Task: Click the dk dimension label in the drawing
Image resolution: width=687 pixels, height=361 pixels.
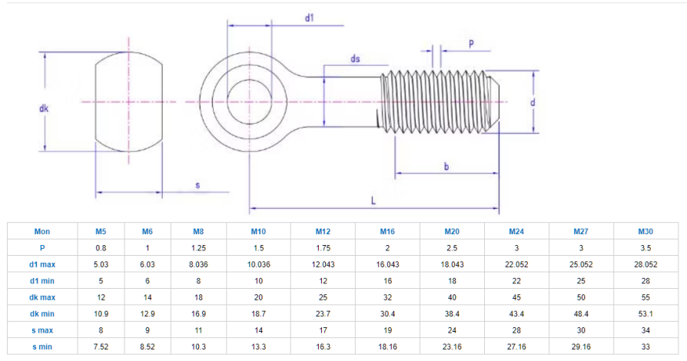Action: click(x=44, y=108)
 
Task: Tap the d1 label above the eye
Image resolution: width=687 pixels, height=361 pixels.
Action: click(x=310, y=18)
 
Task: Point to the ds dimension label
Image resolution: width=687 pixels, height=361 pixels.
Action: click(x=355, y=58)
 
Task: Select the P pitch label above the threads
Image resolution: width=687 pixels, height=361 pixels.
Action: click(x=471, y=44)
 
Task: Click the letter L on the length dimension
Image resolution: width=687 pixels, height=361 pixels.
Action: click(x=373, y=200)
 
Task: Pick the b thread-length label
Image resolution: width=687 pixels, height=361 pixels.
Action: click(x=446, y=167)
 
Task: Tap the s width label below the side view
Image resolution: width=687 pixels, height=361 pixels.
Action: click(x=197, y=185)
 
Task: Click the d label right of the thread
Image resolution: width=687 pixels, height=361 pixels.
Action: click(x=533, y=102)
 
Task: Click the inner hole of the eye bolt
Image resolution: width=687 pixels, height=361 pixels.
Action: click(x=249, y=101)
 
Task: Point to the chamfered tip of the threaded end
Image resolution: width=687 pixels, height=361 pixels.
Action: click(x=494, y=101)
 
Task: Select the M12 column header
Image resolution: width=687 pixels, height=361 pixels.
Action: click(x=323, y=231)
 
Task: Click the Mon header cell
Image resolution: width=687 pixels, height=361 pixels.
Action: click(x=42, y=231)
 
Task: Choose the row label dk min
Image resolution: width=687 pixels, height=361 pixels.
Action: click(x=42, y=313)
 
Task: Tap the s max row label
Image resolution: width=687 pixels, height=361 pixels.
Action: click(x=42, y=330)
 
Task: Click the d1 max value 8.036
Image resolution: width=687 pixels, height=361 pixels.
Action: click(x=198, y=265)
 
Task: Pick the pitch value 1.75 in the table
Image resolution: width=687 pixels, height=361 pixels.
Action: click(x=323, y=248)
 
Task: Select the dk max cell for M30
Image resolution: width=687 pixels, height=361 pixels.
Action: click(x=646, y=297)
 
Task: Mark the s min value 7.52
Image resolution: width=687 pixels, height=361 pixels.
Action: click(x=101, y=347)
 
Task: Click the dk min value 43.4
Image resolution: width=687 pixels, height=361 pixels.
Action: click(x=516, y=313)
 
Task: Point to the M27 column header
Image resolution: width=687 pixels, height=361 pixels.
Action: click(x=581, y=231)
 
